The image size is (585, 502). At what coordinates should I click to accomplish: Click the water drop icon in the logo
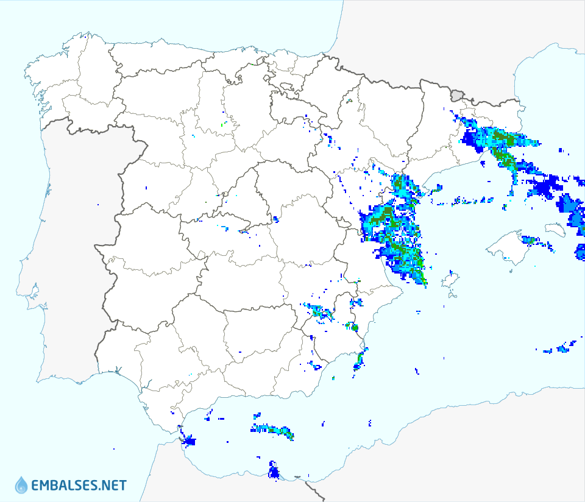(x=21, y=485)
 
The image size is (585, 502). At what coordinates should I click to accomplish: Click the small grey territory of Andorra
(x=456, y=95)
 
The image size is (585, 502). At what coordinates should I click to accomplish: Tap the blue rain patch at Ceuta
(x=189, y=440)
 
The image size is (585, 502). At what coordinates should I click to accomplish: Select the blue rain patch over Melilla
(x=273, y=471)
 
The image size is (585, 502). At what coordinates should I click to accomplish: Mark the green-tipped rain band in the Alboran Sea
(x=273, y=430)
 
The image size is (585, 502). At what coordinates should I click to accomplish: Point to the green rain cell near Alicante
(x=354, y=328)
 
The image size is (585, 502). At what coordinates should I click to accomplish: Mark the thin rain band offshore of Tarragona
(x=473, y=200)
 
